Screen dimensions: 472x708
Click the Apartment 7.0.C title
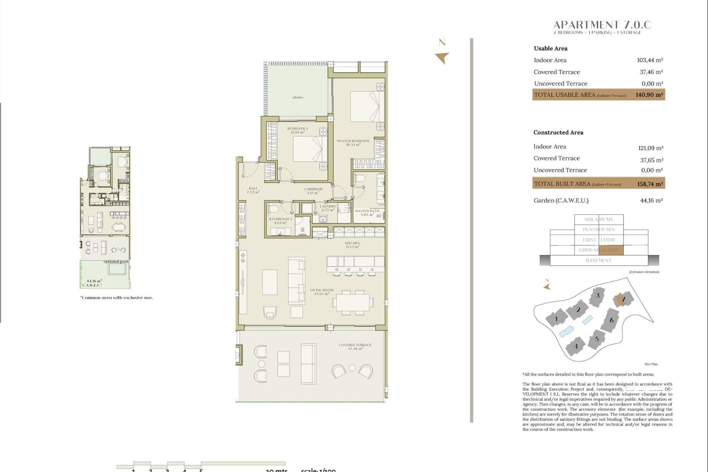tap(602, 25)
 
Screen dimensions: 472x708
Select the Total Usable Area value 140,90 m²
tap(649, 95)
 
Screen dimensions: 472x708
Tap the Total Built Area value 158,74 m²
tap(650, 184)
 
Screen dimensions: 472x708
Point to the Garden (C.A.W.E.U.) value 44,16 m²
tap(651, 201)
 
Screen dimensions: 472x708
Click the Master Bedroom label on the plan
tap(353, 143)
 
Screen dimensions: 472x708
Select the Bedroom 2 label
tap(297, 130)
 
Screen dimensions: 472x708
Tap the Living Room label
tap(322, 292)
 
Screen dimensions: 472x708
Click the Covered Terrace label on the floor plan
tap(355, 347)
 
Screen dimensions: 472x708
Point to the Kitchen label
tap(352, 245)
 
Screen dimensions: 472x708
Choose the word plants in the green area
tap(298, 97)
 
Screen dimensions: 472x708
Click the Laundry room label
tap(327, 208)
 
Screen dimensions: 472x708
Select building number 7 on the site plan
tap(623, 299)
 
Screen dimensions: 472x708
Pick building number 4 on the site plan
tap(576, 346)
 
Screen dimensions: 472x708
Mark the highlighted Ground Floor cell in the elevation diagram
tap(611, 250)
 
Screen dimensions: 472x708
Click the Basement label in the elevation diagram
tap(598, 260)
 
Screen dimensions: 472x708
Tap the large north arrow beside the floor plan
tap(442, 58)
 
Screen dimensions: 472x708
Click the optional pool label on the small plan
tap(116, 261)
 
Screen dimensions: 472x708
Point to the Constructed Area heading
tap(558, 132)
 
